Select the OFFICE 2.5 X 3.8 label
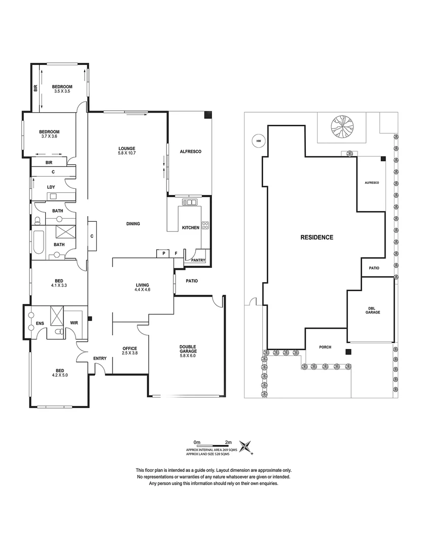(130, 350)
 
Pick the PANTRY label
(198, 260)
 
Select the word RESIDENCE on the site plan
(316, 237)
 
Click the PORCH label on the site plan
(325, 347)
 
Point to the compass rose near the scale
(246, 446)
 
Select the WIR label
(74, 322)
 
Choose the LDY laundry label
(51, 187)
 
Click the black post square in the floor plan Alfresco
(208, 115)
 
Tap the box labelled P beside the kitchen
(164, 253)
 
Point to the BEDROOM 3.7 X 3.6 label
(50, 133)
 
